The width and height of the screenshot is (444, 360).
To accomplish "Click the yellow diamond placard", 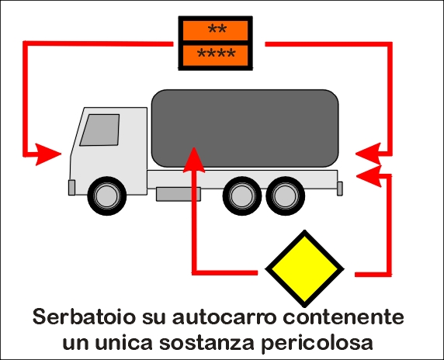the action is pyautogui.click(x=304, y=269).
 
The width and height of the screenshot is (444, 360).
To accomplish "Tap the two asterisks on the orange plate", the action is pyautogui.click(x=217, y=29).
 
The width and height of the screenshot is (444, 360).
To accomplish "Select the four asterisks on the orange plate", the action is pyautogui.click(x=217, y=54).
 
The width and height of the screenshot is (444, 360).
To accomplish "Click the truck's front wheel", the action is pyautogui.click(x=107, y=196).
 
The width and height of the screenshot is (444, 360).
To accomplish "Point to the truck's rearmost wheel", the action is pyautogui.click(x=286, y=196).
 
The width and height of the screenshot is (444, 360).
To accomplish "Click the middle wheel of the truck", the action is pyautogui.click(x=242, y=196).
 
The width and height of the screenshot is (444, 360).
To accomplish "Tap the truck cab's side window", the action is pyautogui.click(x=99, y=130).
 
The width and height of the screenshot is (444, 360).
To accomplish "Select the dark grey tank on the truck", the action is pyautogui.click(x=245, y=128).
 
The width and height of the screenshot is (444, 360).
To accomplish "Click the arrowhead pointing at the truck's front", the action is pyautogui.click(x=48, y=154).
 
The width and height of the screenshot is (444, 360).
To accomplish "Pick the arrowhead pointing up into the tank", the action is pyautogui.click(x=194, y=160).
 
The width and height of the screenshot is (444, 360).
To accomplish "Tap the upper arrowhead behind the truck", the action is pyautogui.click(x=369, y=154).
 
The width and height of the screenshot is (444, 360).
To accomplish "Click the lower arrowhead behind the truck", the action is pyautogui.click(x=369, y=176).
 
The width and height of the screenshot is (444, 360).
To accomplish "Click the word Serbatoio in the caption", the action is pyautogui.click(x=84, y=317).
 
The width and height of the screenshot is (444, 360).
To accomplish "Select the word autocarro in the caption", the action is pyautogui.click(x=224, y=317).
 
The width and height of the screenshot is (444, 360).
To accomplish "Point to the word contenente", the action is pyautogui.click(x=343, y=317).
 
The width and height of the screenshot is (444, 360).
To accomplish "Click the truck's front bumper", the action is pyautogui.click(x=72, y=187).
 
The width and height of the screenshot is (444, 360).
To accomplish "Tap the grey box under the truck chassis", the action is pyautogui.click(x=179, y=194).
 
